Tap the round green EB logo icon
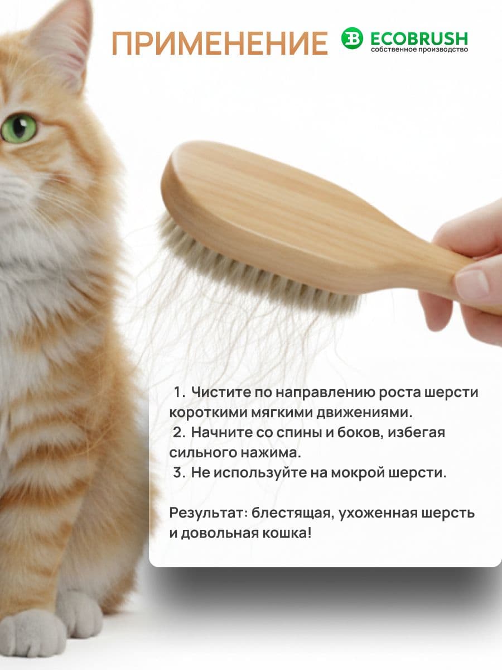pos(352,38)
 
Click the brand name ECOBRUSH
pos(419,38)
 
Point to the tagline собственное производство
pos(419,50)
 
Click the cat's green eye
pos(19,128)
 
